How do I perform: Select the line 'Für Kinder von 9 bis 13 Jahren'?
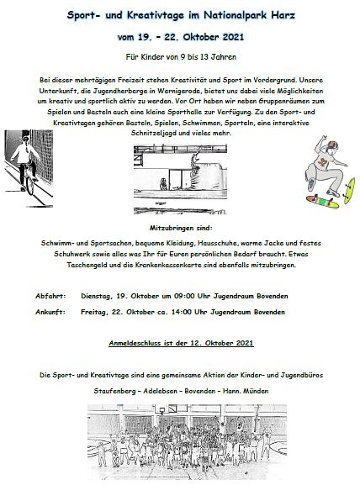point(179,58)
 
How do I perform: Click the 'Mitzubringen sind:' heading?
point(179,227)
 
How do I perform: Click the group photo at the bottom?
point(179,440)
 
